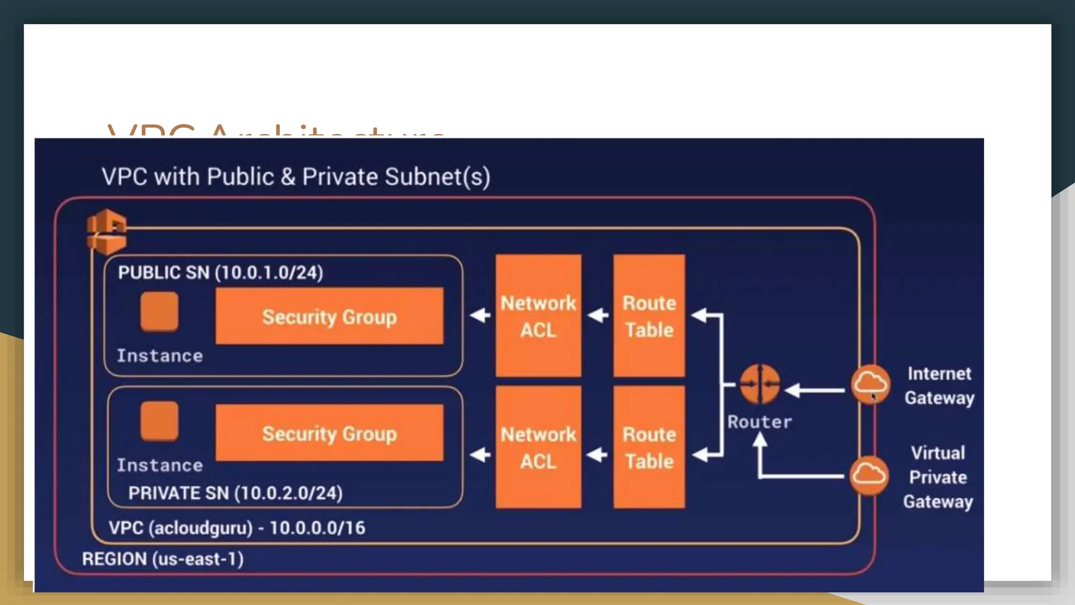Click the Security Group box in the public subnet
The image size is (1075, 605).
[329, 316]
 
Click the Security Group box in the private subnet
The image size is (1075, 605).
[329, 433]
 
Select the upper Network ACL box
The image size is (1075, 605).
[538, 316]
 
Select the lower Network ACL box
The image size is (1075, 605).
[538, 447]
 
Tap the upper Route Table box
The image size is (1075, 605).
[649, 316]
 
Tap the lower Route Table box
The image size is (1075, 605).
[649, 447]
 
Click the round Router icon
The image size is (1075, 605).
[760, 384]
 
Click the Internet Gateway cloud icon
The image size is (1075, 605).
[870, 384]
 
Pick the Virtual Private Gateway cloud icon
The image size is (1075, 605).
[869, 476]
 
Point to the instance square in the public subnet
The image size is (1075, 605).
[159, 311]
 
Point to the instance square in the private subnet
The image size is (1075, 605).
[159, 421]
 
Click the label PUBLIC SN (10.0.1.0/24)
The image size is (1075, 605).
[220, 273]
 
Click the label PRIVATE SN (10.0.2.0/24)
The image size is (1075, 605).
[235, 493]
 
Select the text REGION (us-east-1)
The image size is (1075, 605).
[163, 559]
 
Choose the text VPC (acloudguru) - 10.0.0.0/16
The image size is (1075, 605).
[237, 528]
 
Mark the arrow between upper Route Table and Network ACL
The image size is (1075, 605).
[597, 316]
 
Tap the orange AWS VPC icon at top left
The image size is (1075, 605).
[107, 232]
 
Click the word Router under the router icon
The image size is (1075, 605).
[760, 422]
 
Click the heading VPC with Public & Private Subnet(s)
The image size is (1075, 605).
[296, 177]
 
